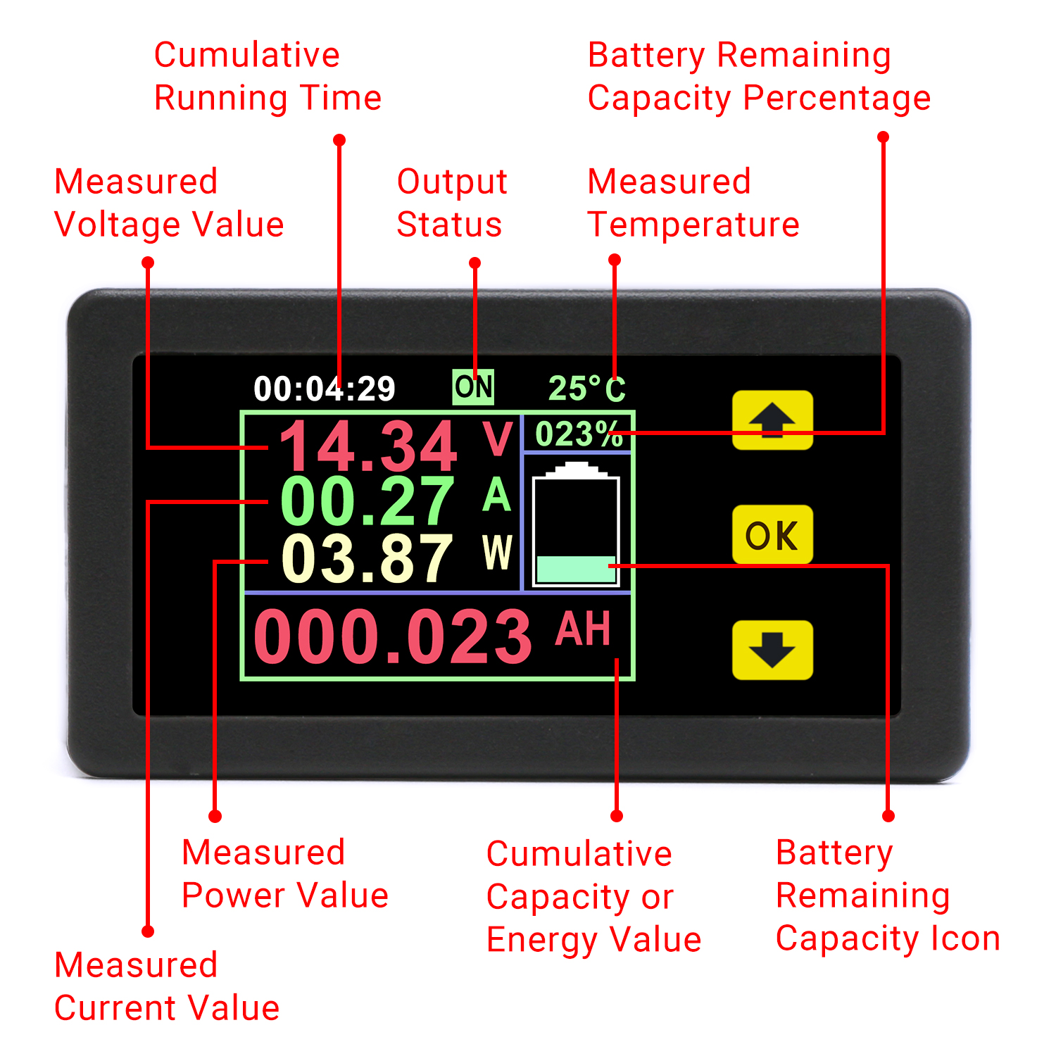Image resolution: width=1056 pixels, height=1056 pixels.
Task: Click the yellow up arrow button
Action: (x=772, y=420)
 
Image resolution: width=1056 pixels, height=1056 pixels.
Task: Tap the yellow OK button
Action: (x=772, y=535)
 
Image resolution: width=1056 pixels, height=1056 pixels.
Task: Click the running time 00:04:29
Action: (x=325, y=389)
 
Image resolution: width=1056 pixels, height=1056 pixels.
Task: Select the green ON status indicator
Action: (x=473, y=386)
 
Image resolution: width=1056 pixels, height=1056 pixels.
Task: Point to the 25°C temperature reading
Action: (x=587, y=389)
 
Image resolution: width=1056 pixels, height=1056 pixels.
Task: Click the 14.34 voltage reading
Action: (x=368, y=446)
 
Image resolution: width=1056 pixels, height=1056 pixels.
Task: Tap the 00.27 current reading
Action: (x=367, y=501)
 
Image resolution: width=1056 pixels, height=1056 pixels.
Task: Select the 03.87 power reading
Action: (x=367, y=559)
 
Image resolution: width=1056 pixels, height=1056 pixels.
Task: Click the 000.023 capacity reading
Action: (x=393, y=637)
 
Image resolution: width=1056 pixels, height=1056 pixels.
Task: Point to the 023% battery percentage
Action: (x=579, y=434)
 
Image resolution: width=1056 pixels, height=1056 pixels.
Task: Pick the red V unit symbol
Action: (x=498, y=439)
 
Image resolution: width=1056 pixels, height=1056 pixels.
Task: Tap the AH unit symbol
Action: (x=582, y=629)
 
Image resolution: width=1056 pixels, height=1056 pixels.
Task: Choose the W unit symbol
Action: (x=498, y=552)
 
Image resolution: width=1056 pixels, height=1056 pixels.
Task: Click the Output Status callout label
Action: (x=452, y=203)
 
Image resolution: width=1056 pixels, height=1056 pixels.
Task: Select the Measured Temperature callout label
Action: (x=693, y=203)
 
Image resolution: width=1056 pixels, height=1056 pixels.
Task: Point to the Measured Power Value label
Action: (x=285, y=874)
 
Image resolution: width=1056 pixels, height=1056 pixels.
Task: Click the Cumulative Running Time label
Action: (x=268, y=76)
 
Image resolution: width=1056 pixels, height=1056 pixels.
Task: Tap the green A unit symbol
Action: (x=497, y=495)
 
